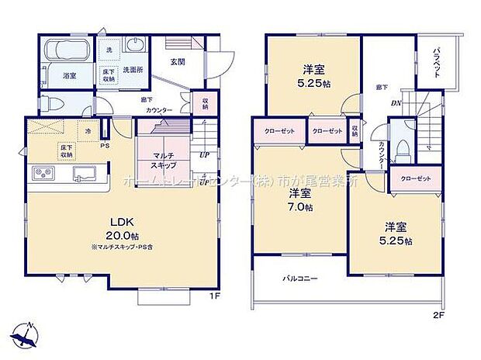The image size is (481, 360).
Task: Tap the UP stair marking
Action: (x=203, y=154)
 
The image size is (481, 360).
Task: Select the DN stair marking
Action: (x=395, y=103)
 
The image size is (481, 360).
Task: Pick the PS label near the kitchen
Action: (x=105, y=144)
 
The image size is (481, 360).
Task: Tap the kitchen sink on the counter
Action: (x=83, y=172)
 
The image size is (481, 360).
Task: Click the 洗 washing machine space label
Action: (x=109, y=50)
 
